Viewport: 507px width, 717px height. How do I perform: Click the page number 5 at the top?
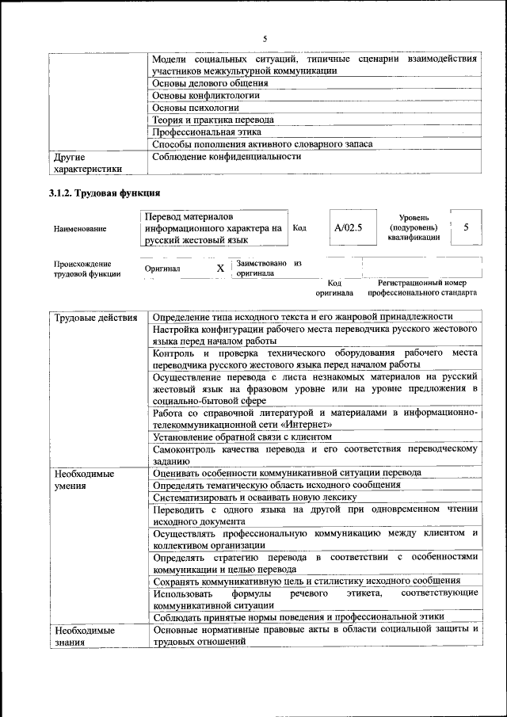pyautogui.click(x=265, y=38)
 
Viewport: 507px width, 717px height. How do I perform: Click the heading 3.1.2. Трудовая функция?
pyautogui.click(x=105, y=193)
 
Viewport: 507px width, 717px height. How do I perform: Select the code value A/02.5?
pyautogui.click(x=348, y=228)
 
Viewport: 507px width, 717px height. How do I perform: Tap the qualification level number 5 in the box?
pyautogui.click(x=467, y=228)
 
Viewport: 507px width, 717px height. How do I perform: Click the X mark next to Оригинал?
pyautogui.click(x=220, y=269)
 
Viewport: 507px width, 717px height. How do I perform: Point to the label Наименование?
pyautogui.click(x=79, y=229)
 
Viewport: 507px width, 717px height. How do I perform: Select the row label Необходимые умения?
pyautogui.click(x=84, y=479)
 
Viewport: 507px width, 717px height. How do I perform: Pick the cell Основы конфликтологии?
pyautogui.click(x=206, y=95)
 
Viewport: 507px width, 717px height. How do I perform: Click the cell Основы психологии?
pyautogui.click(x=196, y=107)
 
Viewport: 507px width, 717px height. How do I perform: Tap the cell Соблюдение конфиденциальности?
pyautogui.click(x=227, y=156)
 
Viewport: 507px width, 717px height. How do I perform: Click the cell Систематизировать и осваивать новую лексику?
pyautogui.click(x=256, y=497)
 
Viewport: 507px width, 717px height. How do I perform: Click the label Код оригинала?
pyautogui.click(x=334, y=287)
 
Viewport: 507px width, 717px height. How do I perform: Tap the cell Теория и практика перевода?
pyautogui.click(x=213, y=120)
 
